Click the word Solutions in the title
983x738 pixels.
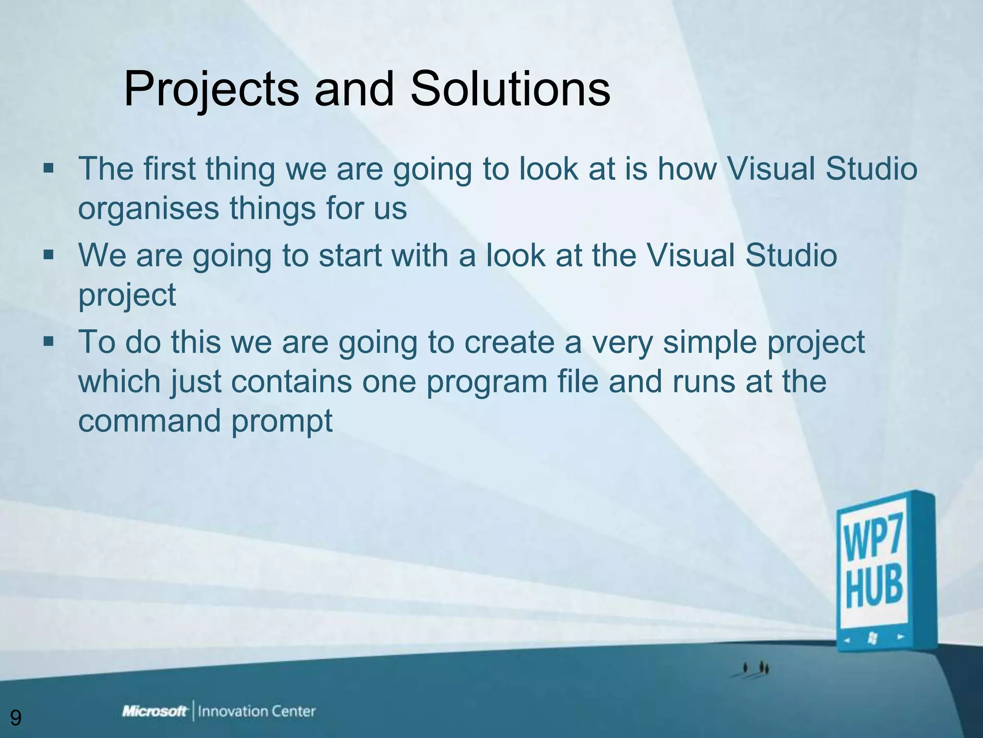click(x=510, y=89)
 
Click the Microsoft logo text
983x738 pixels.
click(x=155, y=712)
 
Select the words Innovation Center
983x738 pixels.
click(x=256, y=712)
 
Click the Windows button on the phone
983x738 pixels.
click(x=873, y=638)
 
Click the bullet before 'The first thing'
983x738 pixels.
click(x=48, y=169)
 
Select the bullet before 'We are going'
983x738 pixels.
click(x=48, y=255)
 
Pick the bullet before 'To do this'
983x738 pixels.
click(x=48, y=342)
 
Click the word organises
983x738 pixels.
click(x=148, y=209)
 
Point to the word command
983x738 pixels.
click(x=149, y=420)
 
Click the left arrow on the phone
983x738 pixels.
click(x=847, y=640)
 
